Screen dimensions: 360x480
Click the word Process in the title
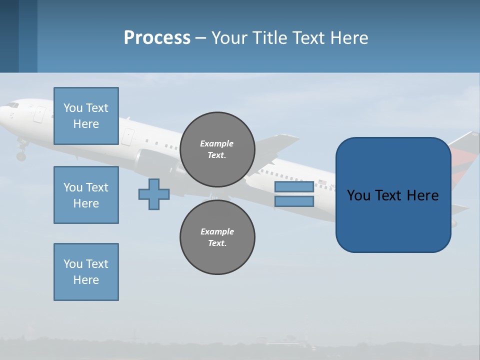(157, 37)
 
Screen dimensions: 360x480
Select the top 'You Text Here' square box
(86, 116)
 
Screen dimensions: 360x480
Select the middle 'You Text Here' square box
(86, 195)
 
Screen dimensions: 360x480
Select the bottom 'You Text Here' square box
(86, 272)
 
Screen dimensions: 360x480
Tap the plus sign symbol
(154, 194)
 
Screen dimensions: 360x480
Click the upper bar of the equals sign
(294, 187)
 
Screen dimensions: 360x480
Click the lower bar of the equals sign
(294, 201)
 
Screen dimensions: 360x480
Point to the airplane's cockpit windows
(12, 105)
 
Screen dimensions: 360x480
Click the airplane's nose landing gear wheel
(21, 156)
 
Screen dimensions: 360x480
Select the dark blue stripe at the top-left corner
(9, 36)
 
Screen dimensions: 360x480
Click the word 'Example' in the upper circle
(217, 143)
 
